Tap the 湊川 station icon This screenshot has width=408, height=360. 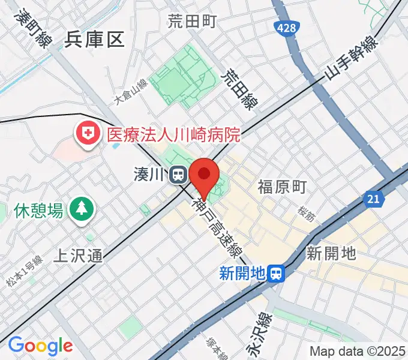click(x=178, y=175)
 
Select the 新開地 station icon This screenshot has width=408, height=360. click(x=277, y=274)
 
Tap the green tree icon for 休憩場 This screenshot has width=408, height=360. click(x=79, y=209)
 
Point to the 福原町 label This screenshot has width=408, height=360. click(x=282, y=187)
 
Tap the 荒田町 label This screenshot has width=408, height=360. click(x=192, y=22)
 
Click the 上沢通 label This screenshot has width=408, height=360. click(x=78, y=256)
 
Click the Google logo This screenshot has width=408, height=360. click(x=40, y=346)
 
